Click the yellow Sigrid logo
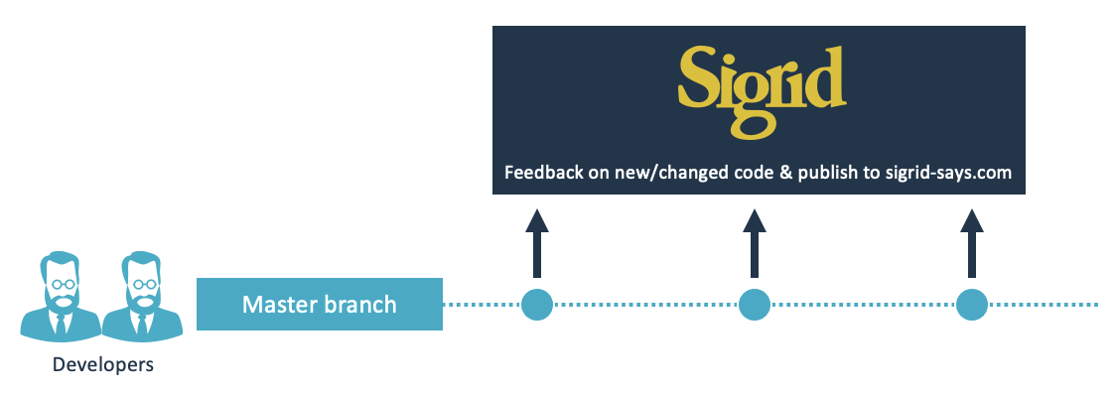click(762, 91)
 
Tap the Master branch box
click(320, 305)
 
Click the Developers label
click(103, 365)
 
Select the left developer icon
click(61, 296)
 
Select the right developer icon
click(142, 296)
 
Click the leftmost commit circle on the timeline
click(537, 305)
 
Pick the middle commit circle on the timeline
click(755, 305)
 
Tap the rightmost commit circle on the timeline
click(971, 305)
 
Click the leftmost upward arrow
click(537, 243)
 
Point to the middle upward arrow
click(755, 243)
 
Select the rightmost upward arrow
click(971, 243)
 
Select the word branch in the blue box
click(360, 305)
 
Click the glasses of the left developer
click(61, 285)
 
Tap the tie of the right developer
click(142, 324)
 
